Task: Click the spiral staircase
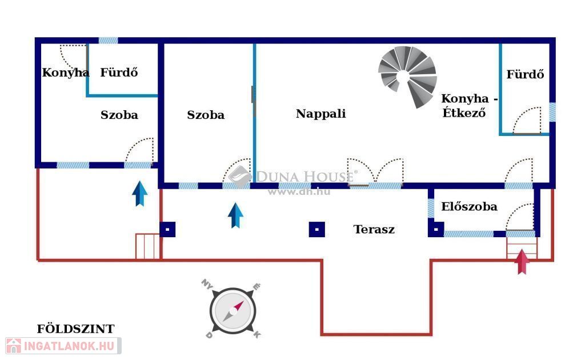click(408, 76)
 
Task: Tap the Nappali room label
click(320, 114)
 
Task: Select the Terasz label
click(374, 230)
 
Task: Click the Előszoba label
click(469, 207)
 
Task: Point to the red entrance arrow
click(522, 262)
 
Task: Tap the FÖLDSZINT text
click(75, 329)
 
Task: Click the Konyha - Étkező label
click(469, 105)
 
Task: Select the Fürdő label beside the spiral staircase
click(525, 74)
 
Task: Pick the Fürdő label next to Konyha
click(119, 73)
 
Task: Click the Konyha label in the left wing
click(65, 73)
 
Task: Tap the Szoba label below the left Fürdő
click(119, 115)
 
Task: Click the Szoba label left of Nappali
click(206, 115)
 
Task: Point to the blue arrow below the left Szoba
click(139, 193)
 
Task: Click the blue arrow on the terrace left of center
click(235, 215)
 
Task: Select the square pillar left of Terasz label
click(317, 229)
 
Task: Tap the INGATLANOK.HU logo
click(63, 346)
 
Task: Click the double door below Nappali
click(375, 173)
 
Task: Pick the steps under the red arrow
click(522, 247)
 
